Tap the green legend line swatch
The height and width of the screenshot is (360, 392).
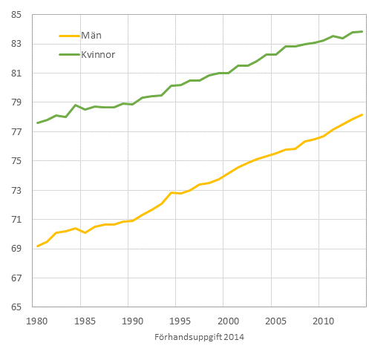point(71,54)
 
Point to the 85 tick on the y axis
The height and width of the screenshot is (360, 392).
point(16,15)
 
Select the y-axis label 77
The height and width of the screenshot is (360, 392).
point(16,132)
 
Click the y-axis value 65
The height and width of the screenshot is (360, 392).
point(16,307)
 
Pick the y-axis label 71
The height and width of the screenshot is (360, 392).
point(16,220)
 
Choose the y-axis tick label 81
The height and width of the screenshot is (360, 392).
point(16,73)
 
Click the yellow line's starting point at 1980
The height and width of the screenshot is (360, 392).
point(37,246)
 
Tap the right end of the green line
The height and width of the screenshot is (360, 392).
point(362,31)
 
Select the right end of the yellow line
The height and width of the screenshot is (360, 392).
point(362,114)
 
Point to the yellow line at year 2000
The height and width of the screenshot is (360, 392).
point(228,173)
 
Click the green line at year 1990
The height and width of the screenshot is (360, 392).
point(133,104)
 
